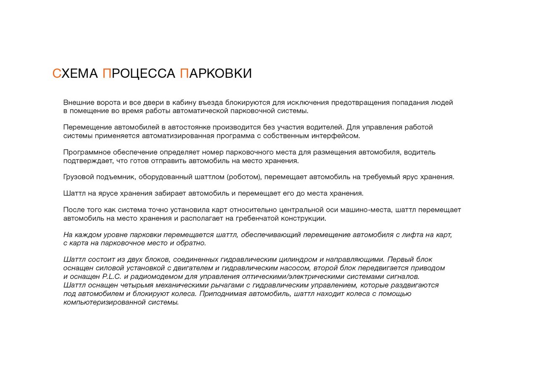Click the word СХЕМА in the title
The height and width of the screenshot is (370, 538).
click(x=75, y=74)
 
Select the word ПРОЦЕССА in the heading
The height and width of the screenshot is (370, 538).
click(x=139, y=74)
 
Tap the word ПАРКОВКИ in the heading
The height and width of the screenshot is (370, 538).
click(x=216, y=74)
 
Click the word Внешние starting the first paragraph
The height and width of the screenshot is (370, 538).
click(x=78, y=103)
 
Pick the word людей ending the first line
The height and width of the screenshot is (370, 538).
click(x=442, y=103)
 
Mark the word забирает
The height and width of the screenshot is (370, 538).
click(x=170, y=193)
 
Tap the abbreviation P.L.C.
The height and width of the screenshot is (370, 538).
click(x=112, y=277)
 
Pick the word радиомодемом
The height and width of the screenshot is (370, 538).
click(x=153, y=277)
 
